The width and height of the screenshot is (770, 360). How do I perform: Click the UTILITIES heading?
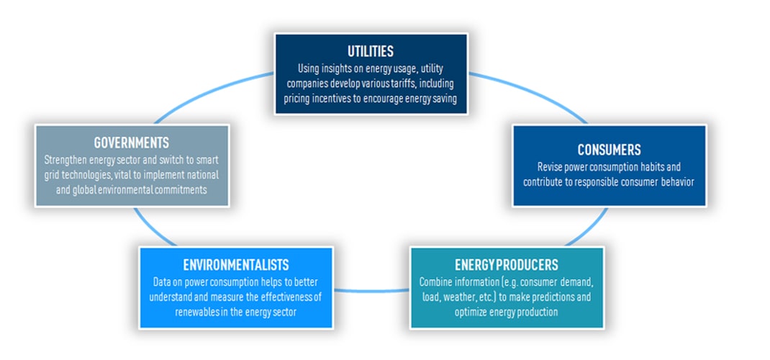tap(370, 52)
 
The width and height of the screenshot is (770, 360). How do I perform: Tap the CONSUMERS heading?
tap(609, 150)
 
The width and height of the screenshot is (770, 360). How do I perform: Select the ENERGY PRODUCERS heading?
tap(506, 264)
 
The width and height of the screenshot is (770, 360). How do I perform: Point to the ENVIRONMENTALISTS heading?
tap(236, 264)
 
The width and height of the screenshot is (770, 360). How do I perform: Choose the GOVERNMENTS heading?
tap(132, 143)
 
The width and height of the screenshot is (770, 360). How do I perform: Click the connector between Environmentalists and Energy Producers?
tap(371, 290)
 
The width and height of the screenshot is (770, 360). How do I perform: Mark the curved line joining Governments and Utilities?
tap(216, 94)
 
